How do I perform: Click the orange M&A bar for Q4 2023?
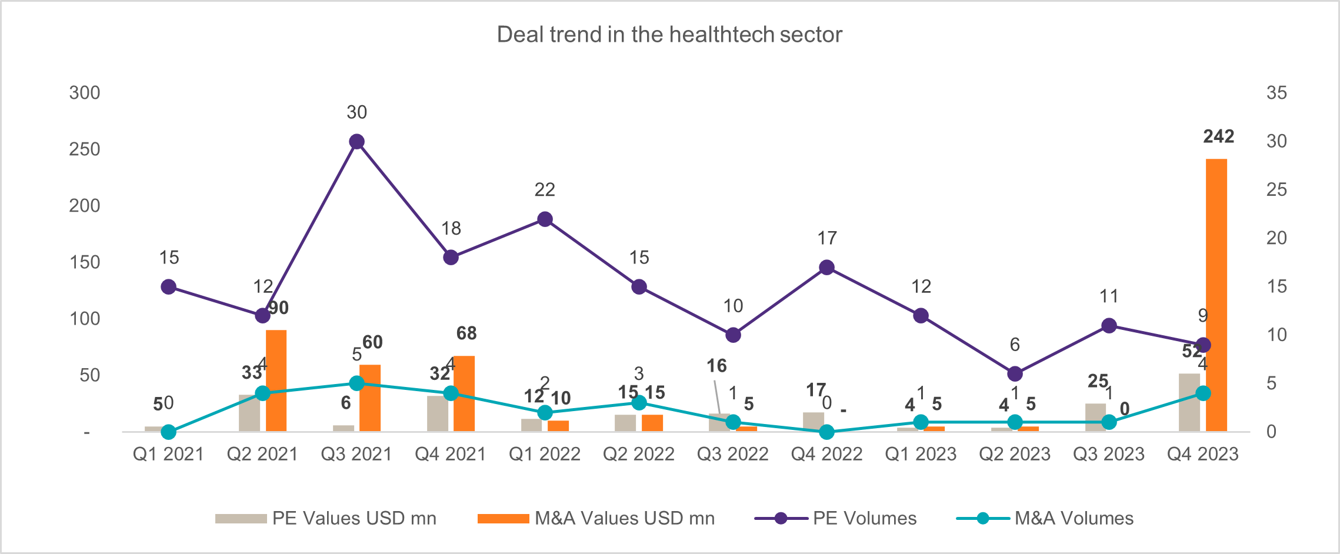pos(1216,294)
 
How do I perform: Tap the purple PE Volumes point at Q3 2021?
pos(356,142)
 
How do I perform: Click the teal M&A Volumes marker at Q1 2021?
pos(169,432)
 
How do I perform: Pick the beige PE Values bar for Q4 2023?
pos(1189,402)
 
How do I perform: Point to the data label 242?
pos(1218,136)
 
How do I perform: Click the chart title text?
pos(669,35)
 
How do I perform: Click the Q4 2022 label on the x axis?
pos(826,454)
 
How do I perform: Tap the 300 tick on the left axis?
pos(85,93)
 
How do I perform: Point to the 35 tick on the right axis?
pos(1276,93)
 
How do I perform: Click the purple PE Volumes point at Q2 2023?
pos(1015,373)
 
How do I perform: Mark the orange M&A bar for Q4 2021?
pos(464,393)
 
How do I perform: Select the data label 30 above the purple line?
pos(356,112)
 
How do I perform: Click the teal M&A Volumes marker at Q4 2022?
pos(826,432)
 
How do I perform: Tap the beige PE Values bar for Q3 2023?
pos(1095,417)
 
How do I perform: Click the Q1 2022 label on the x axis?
pos(544,454)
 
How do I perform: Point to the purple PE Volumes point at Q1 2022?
pos(545,219)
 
